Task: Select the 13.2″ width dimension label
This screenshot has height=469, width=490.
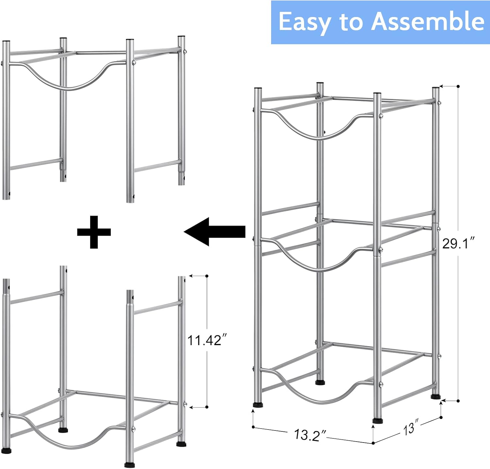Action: [x=310, y=435]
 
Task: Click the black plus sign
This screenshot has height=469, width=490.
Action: [x=94, y=232]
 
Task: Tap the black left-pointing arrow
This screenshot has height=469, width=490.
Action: [x=215, y=232]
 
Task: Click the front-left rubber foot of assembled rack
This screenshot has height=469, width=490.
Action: [x=258, y=405]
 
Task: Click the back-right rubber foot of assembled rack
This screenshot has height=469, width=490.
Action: [x=436, y=397]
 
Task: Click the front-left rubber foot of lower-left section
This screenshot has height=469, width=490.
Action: [x=6, y=450]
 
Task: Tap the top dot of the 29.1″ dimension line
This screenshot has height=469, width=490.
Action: [x=458, y=86]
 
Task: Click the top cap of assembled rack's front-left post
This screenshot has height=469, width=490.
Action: [x=258, y=89]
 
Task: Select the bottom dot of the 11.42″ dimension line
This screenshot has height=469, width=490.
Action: [x=207, y=407]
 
